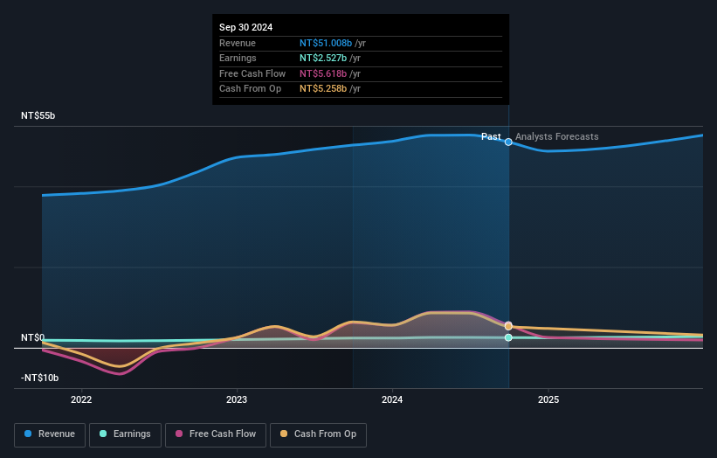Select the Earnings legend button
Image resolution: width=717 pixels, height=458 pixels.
coord(125,434)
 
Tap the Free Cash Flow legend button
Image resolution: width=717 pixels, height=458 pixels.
coord(214,434)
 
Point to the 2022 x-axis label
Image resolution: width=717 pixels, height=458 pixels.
coord(81,400)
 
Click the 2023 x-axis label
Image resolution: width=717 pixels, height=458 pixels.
coord(237,400)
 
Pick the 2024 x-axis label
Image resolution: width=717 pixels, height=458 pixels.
coord(392,400)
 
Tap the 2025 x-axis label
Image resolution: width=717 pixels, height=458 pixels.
coord(548,400)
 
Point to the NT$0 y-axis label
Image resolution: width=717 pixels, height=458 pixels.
coord(33,337)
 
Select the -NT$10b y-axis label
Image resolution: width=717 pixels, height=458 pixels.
coord(40,378)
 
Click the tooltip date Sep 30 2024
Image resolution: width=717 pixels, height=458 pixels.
coord(245,27)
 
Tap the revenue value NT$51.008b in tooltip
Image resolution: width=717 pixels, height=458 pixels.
coord(325,42)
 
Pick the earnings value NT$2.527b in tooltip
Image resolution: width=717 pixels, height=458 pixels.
coord(322,58)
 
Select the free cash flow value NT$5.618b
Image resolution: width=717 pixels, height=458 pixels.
coord(322,73)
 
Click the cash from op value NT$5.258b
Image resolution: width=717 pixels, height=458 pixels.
coord(322,88)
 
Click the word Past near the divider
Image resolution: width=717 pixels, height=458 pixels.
coord(491,136)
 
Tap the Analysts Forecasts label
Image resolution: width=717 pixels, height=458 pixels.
coord(556,136)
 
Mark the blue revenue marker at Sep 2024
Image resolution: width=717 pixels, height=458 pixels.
coord(508,142)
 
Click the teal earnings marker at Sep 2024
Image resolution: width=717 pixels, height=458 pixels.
coord(508,337)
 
